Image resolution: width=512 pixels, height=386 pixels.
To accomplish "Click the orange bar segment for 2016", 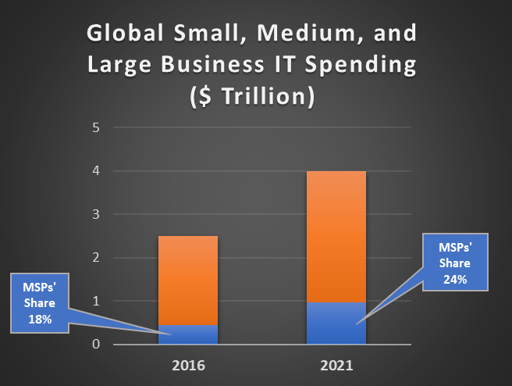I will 188,280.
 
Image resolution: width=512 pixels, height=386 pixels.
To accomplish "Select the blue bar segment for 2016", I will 188,334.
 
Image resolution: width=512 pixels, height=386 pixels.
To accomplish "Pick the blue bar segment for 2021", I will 336,323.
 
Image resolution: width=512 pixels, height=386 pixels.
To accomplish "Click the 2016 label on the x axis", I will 188,365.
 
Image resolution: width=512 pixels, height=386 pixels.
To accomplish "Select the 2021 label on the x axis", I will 336,365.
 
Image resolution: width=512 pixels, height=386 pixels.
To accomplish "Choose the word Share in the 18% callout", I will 39,304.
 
